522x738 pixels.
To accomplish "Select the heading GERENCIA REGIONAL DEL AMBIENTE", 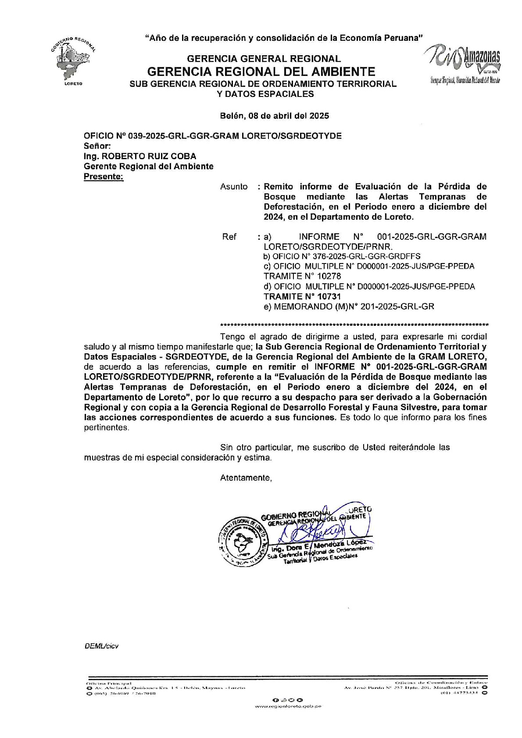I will [261, 71].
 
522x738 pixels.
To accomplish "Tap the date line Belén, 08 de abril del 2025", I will [274, 116].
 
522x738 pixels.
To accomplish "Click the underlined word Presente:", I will [104, 177].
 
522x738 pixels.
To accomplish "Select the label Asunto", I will [234, 187].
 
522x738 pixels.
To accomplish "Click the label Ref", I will [229, 237].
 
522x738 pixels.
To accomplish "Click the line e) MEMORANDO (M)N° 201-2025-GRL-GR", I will [349, 307].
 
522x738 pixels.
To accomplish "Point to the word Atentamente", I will [246, 478].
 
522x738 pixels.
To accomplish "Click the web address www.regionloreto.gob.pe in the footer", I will [288, 707].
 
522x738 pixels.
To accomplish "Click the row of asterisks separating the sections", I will [354, 325].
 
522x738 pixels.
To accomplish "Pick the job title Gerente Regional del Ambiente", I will [149, 166].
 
